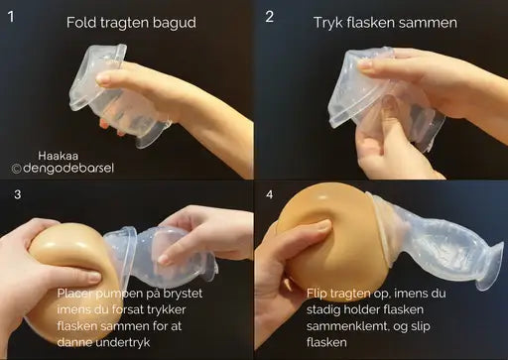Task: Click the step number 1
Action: (x=12, y=18)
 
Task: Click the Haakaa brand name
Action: (x=57, y=155)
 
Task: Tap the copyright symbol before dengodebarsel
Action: (x=16, y=170)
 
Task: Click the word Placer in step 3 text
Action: (x=77, y=294)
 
